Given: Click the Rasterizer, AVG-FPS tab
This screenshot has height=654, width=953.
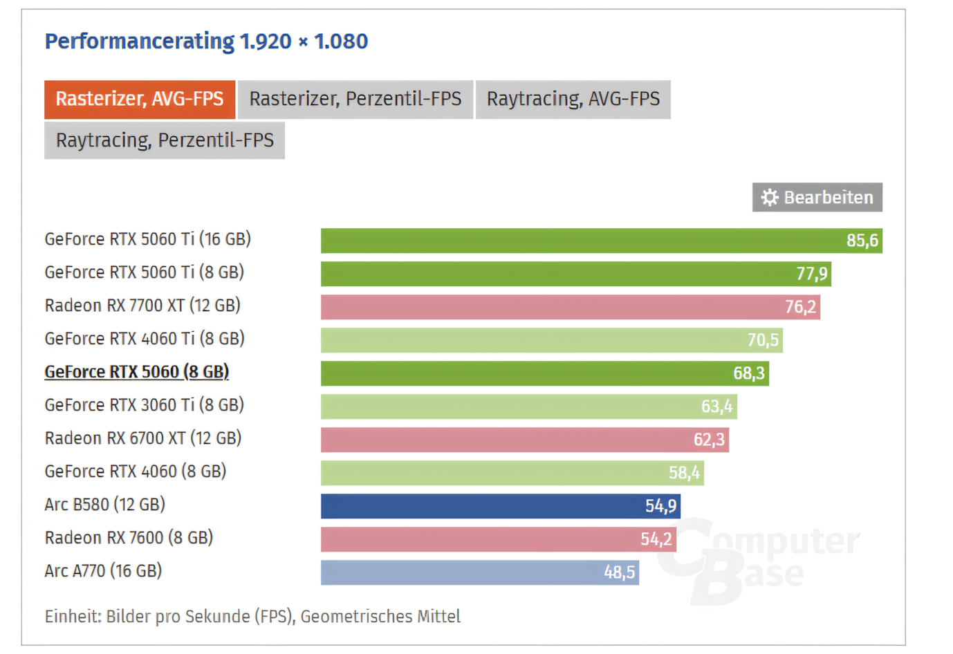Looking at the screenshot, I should tap(140, 100).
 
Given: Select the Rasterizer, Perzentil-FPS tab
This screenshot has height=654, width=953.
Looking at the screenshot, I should tap(355, 100).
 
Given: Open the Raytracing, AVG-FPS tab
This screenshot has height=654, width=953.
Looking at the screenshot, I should tap(573, 100).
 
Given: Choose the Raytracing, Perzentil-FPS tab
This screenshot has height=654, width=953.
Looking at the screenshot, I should tap(165, 140).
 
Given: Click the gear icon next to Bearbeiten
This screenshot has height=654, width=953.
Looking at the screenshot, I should tap(770, 198).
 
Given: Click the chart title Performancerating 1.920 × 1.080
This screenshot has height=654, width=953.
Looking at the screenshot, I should tap(206, 41).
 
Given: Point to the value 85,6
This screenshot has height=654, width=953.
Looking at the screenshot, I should tap(862, 241).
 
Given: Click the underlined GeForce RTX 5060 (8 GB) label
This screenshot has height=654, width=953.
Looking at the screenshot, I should tap(137, 372).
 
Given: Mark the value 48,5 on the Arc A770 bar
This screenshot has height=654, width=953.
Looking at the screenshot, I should tap(619, 572).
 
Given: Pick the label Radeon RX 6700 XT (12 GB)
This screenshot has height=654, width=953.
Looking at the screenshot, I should tap(143, 438).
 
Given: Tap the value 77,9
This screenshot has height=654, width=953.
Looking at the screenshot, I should tap(811, 274).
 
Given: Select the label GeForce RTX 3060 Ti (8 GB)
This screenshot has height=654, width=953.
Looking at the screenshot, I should tap(145, 405).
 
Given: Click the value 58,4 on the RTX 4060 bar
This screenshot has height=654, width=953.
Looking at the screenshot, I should tap(684, 473).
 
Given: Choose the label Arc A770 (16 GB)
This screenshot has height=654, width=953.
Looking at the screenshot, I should tap(103, 571).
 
